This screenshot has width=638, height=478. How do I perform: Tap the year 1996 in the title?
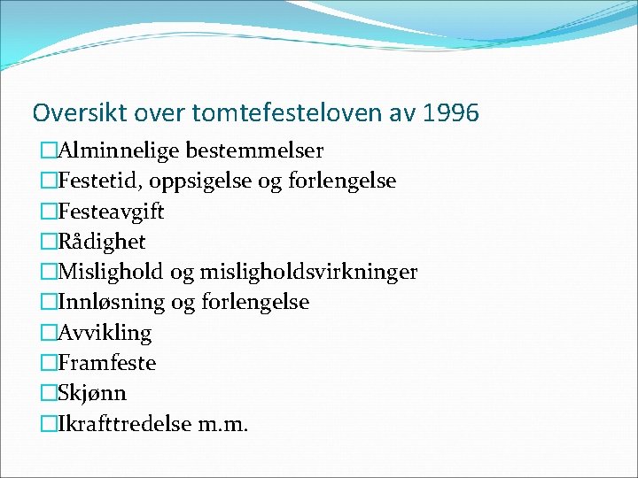click(x=451, y=113)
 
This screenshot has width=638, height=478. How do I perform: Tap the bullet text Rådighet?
click(x=102, y=242)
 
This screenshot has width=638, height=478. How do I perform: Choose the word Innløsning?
click(x=112, y=302)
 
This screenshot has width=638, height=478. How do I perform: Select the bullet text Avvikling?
click(x=105, y=333)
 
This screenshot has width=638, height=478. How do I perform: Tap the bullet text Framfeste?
click(x=106, y=363)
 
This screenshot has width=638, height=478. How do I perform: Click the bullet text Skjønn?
click(x=92, y=393)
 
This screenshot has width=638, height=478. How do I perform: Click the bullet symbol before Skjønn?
click(x=48, y=393)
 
